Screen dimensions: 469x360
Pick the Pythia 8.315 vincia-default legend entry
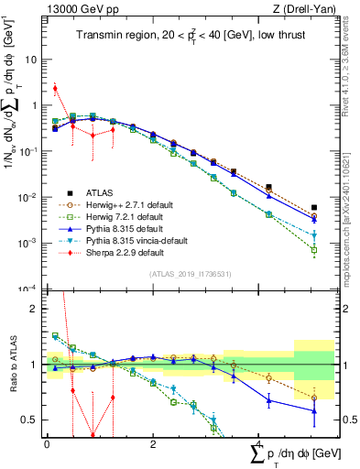[x=133, y=240]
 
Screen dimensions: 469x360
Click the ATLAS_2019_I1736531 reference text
[x=189, y=274]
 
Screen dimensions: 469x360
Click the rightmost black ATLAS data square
[x=314, y=208]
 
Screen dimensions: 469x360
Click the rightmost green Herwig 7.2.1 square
[x=314, y=249]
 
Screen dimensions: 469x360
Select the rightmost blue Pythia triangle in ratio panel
[x=314, y=411]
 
